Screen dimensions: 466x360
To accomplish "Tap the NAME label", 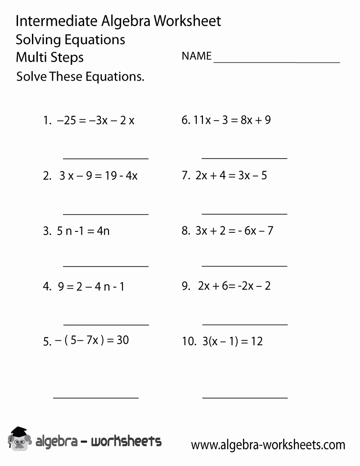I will pos(196,56).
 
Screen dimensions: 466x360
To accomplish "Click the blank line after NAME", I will pos(276,62).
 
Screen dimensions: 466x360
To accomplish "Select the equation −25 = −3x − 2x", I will pos(95,120).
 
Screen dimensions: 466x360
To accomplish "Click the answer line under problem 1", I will pos(106,158).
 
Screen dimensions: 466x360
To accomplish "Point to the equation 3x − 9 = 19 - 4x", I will pos(99,176).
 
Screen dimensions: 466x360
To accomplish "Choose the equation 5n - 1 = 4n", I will pos(83,231).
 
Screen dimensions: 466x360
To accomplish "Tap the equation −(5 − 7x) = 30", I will pos(92,340).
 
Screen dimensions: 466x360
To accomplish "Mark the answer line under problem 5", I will pos(96,398).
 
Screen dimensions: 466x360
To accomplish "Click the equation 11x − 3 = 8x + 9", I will pos(232,120).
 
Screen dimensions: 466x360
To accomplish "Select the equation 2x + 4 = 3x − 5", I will pos(231,175).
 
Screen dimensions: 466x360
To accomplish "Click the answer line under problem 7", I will pos(244,214).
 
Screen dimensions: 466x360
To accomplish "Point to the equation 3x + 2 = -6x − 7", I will pos(234,231).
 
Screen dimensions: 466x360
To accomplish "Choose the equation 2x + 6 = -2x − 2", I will pos(234,286).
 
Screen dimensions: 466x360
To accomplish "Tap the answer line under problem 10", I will pos(245,398).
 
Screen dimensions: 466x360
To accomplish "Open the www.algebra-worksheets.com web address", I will pos(268,445).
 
